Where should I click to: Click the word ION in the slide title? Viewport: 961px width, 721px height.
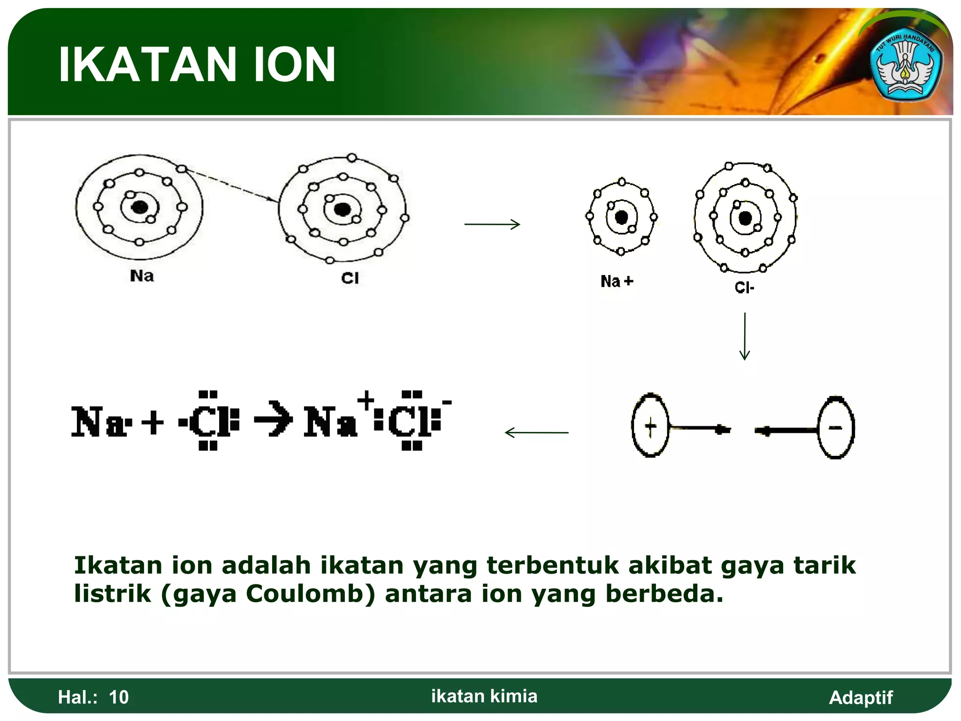point(295,65)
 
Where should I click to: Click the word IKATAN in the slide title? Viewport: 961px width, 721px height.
point(147,65)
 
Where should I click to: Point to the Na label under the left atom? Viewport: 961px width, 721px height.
point(142,276)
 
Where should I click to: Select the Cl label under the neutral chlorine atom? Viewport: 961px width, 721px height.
point(350,278)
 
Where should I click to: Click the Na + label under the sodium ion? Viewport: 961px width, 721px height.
point(617,281)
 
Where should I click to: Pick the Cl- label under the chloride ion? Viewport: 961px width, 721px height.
point(744,287)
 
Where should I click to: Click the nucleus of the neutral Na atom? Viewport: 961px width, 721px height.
point(139,207)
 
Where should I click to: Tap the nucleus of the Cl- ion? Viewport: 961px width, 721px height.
point(745,218)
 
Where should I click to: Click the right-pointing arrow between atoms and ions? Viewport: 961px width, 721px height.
point(492,224)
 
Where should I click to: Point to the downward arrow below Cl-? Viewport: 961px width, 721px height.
point(745,336)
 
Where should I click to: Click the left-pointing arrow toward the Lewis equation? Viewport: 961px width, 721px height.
point(536,432)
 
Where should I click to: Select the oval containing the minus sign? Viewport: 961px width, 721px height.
point(836,427)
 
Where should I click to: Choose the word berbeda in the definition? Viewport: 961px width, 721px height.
point(664,593)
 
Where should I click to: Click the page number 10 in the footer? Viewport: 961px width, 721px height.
point(119,698)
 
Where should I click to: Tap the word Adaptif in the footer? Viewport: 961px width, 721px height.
point(861,698)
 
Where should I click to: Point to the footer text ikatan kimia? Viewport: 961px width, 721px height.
point(484,696)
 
